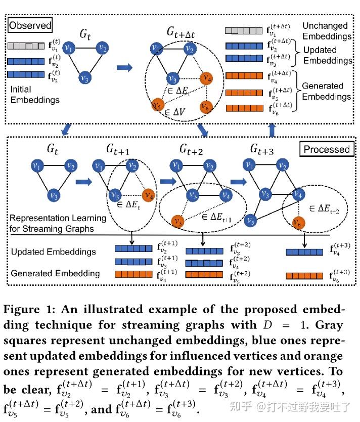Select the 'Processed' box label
326,149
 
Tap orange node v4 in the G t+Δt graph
206,78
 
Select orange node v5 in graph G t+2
176,221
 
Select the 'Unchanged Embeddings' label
327,31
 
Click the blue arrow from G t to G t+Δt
124,67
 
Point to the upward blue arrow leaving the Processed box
272,130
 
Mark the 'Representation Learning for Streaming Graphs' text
58,223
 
